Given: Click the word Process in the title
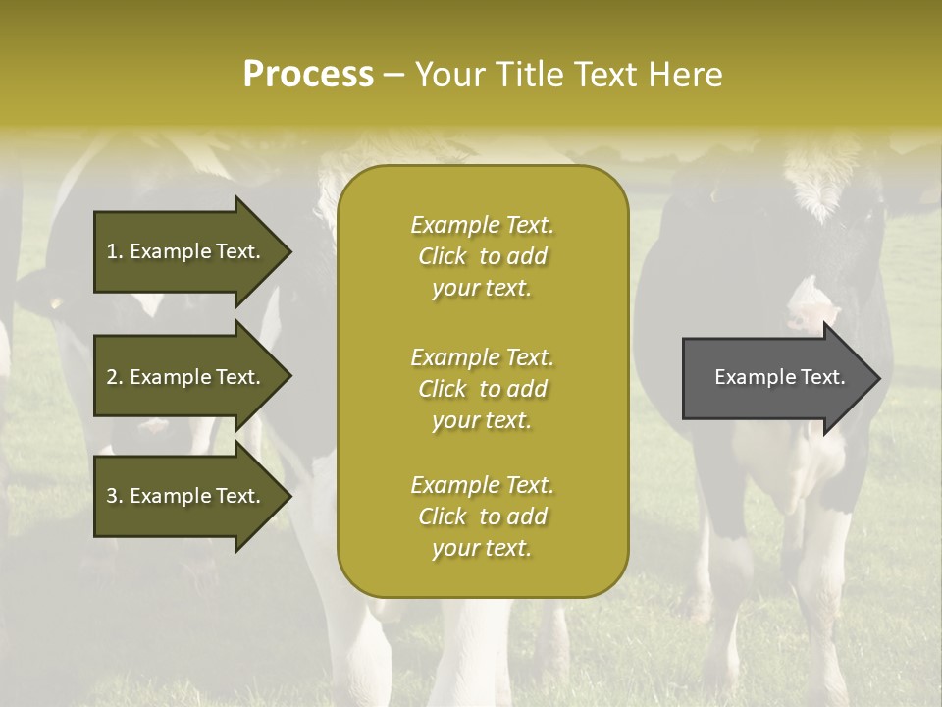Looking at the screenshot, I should coord(308,75).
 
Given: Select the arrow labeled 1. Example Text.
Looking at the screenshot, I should coord(186,251).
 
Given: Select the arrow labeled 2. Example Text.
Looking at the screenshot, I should coord(186,377).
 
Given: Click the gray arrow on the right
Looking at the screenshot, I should coord(775,378).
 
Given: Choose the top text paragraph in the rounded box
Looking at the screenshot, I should coord(482,256).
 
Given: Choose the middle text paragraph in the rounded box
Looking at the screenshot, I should coord(482,389).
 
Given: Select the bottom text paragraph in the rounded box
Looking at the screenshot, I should coord(482,517).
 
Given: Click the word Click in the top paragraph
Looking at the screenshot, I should coord(443,256).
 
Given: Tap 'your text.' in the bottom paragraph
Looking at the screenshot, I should coord(482,548).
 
